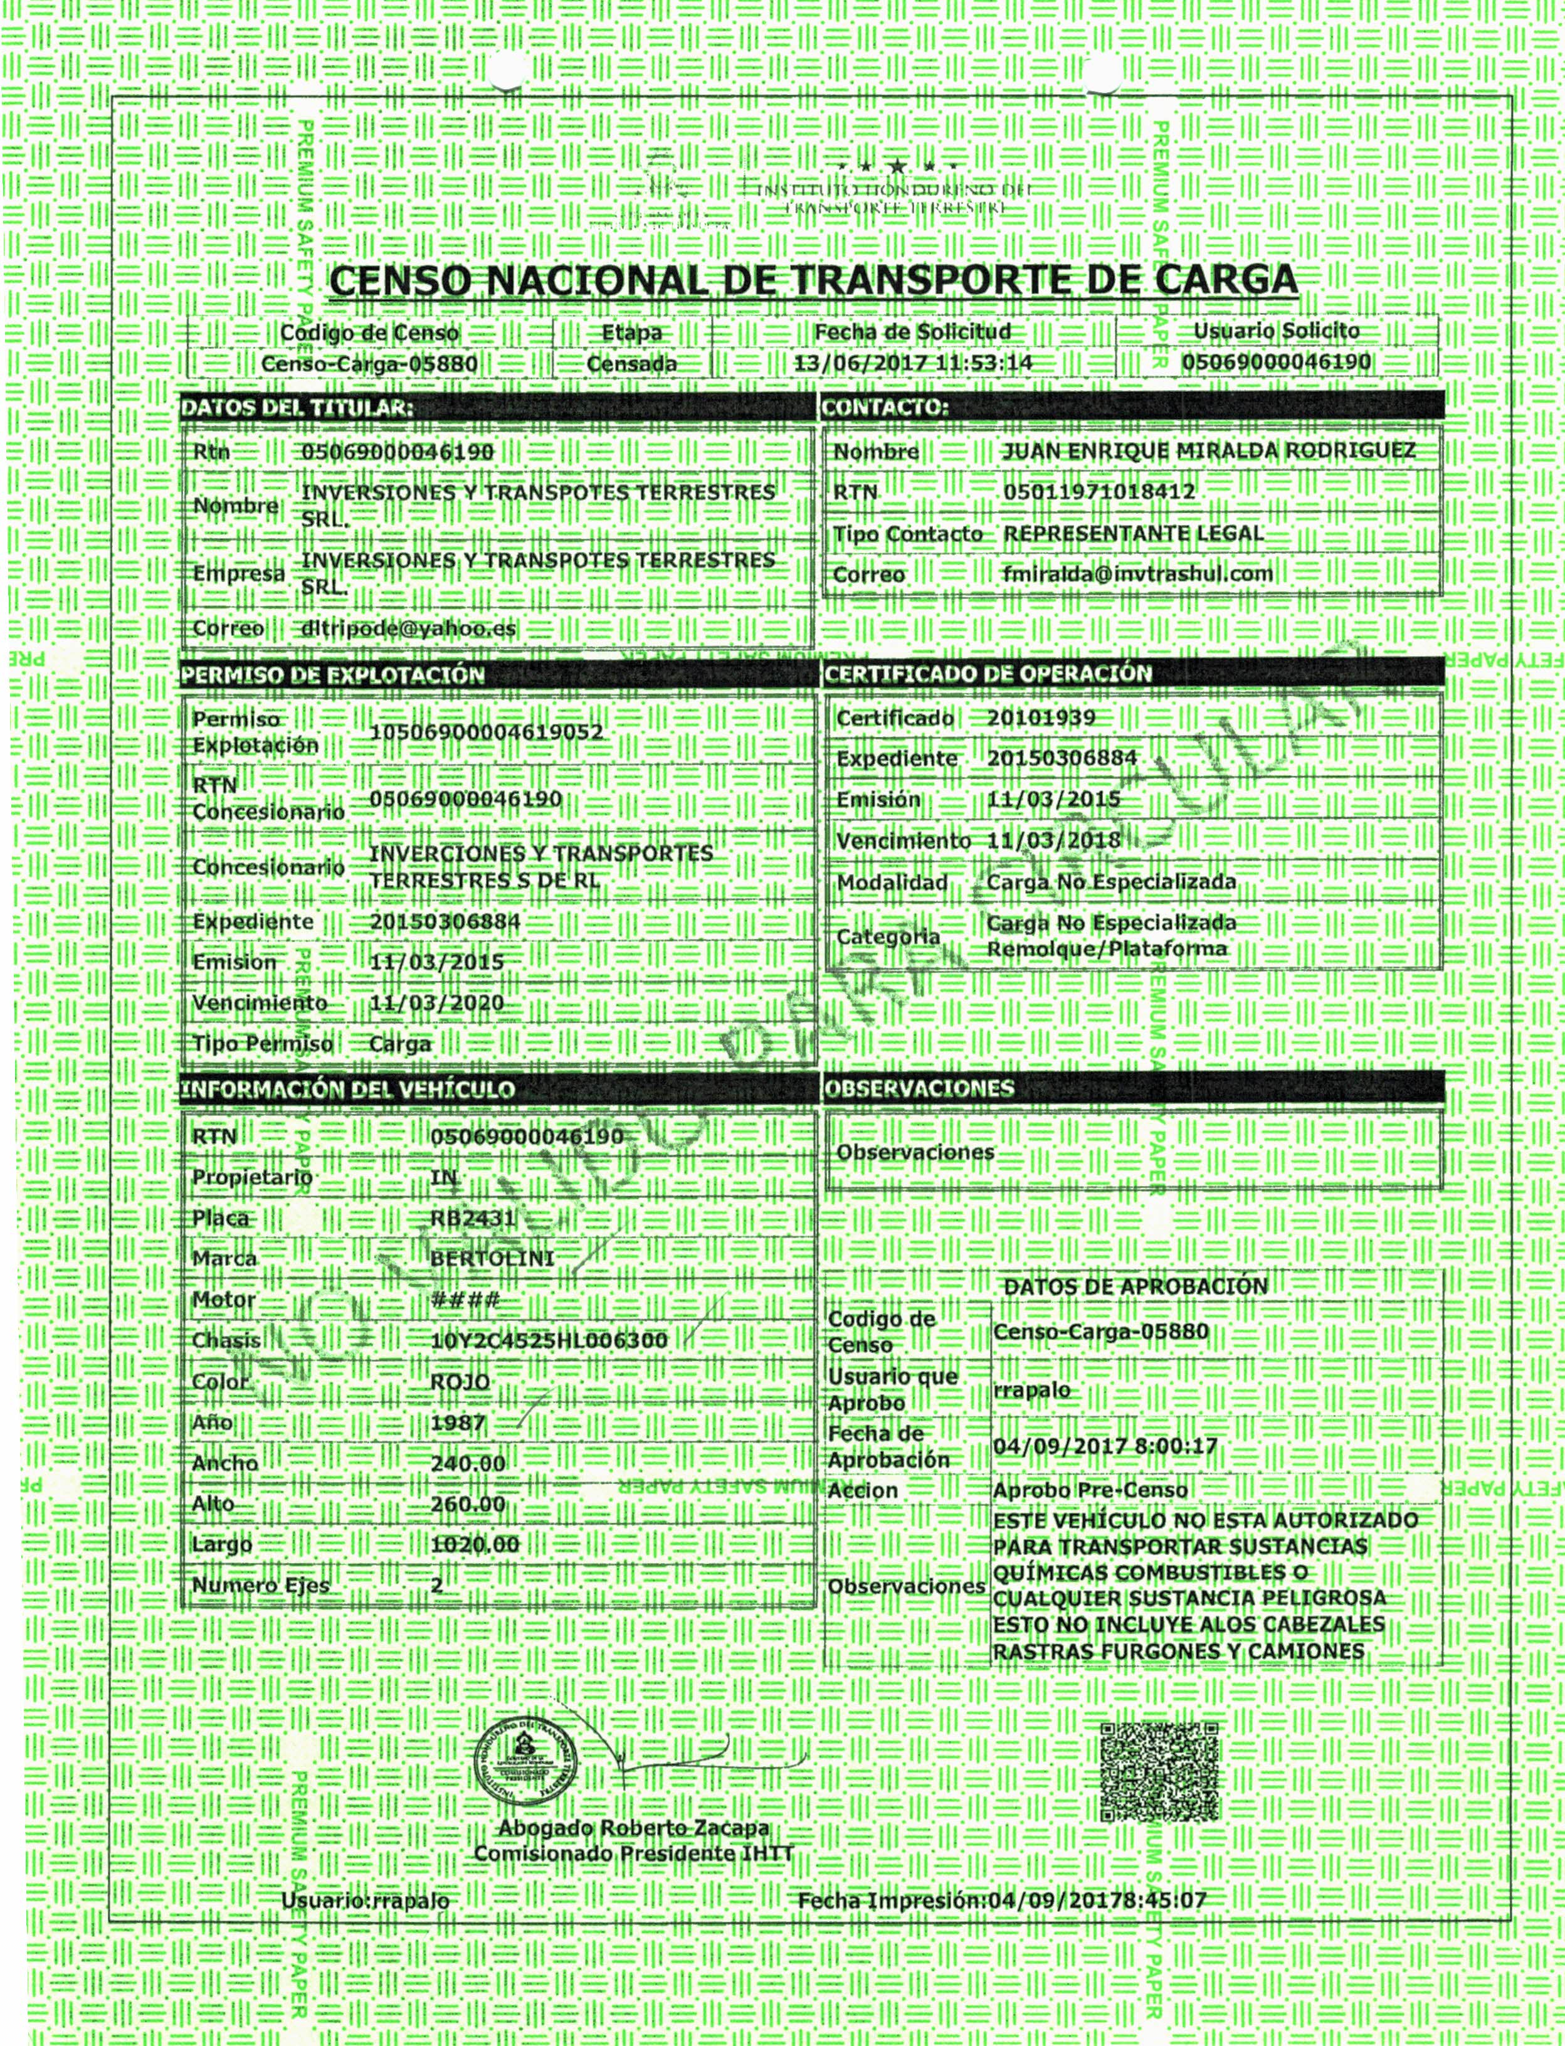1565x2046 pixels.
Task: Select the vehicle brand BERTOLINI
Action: [x=492, y=1259]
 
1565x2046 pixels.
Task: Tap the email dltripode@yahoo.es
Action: [x=408, y=628]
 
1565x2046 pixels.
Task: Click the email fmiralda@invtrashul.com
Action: [x=1137, y=574]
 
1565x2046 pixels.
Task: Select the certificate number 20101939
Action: [x=1041, y=718]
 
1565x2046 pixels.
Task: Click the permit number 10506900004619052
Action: [x=487, y=733]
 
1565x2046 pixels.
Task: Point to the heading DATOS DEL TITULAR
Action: [x=296, y=406]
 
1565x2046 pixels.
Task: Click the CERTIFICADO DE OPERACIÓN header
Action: [x=988, y=672]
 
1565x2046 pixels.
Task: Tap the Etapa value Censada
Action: [x=631, y=363]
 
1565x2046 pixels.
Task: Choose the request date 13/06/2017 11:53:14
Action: [x=913, y=363]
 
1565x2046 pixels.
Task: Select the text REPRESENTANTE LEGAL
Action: [x=1133, y=534]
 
